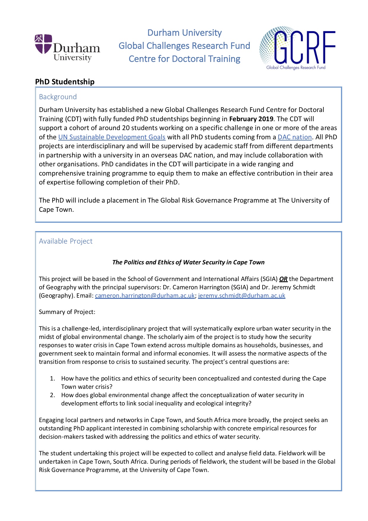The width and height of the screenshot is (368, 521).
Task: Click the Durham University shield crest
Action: tap(43, 44)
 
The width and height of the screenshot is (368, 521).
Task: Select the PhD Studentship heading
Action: tap(65, 82)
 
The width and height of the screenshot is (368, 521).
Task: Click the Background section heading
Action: tap(58, 97)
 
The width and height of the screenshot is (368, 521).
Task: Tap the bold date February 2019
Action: tap(251, 119)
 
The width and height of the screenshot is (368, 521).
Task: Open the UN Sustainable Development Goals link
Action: tap(112, 137)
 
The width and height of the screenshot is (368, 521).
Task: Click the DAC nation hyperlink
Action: tap(294, 137)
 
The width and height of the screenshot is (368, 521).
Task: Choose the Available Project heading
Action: tap(66, 241)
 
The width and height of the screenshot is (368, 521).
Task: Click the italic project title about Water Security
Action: tap(188, 262)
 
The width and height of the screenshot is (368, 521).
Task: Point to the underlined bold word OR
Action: tap(283, 279)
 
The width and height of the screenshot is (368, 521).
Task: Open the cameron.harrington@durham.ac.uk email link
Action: tap(145, 296)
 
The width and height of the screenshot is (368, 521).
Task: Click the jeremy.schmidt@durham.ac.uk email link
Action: tap(241, 296)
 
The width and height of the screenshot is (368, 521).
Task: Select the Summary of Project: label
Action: tap(67, 312)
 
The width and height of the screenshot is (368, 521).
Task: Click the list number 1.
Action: tap(52, 378)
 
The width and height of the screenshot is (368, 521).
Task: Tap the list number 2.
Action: tap(52, 395)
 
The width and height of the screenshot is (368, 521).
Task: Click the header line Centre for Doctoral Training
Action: tap(184, 59)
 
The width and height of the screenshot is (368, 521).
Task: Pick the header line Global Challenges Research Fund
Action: tap(184, 46)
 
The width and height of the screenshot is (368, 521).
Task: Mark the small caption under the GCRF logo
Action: tap(296, 67)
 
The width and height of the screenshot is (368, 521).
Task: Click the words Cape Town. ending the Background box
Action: tap(56, 210)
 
